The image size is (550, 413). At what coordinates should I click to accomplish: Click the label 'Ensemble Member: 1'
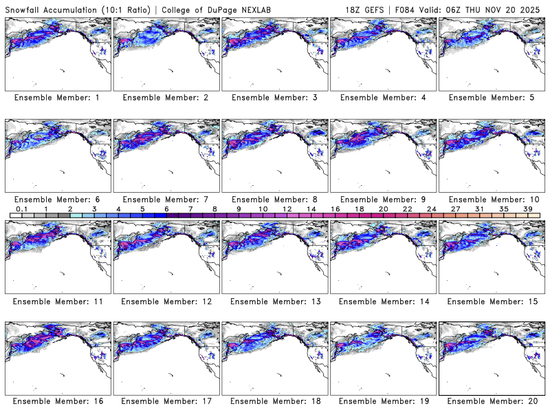57,98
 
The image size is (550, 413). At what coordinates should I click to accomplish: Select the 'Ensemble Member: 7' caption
165,199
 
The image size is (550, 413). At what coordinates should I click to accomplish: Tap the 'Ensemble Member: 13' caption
274,301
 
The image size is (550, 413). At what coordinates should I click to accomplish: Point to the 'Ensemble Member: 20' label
490,401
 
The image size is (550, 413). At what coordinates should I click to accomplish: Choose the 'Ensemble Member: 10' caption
490,199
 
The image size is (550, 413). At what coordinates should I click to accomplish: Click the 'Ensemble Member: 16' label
57,401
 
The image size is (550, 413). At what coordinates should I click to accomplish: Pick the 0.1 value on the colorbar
22,209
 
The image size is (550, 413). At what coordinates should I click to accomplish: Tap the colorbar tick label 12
287,209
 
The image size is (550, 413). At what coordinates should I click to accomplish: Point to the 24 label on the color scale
430,209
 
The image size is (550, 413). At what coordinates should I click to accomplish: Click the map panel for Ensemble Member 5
490,52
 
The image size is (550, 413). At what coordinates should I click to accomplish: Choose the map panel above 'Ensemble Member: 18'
274,356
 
